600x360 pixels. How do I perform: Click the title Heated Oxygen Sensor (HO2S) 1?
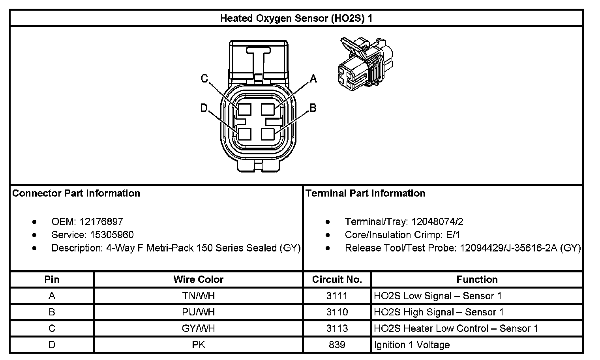[x=296, y=18]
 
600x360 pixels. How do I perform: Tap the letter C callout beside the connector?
[x=204, y=79]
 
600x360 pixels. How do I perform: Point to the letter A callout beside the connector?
[x=313, y=79]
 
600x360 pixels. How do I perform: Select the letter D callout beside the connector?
[x=204, y=108]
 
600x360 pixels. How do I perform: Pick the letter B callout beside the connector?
[x=313, y=108]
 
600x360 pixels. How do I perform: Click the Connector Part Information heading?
[x=76, y=193]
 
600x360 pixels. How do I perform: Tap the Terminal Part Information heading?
[x=366, y=193]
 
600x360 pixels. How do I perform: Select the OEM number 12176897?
[x=101, y=221]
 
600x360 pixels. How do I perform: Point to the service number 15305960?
[x=112, y=235]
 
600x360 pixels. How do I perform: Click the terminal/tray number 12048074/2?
[x=437, y=221]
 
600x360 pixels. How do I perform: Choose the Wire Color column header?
[x=198, y=279]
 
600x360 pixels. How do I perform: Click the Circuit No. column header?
[x=337, y=279]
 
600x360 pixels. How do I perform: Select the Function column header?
[x=477, y=279]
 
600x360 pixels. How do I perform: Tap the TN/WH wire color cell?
[x=198, y=296]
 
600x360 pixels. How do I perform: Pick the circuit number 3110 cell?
[x=337, y=312]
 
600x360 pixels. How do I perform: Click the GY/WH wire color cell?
[x=198, y=328]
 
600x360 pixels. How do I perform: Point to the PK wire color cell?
[x=198, y=345]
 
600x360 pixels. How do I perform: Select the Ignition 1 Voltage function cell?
[x=412, y=345]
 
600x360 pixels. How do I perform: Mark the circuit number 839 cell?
[x=337, y=345]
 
